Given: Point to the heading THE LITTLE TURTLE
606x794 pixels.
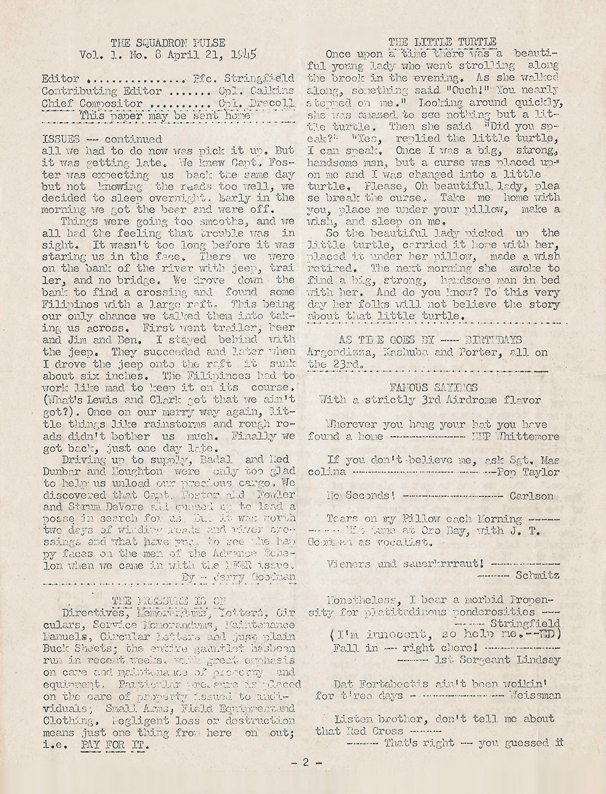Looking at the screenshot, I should point(442,42).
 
